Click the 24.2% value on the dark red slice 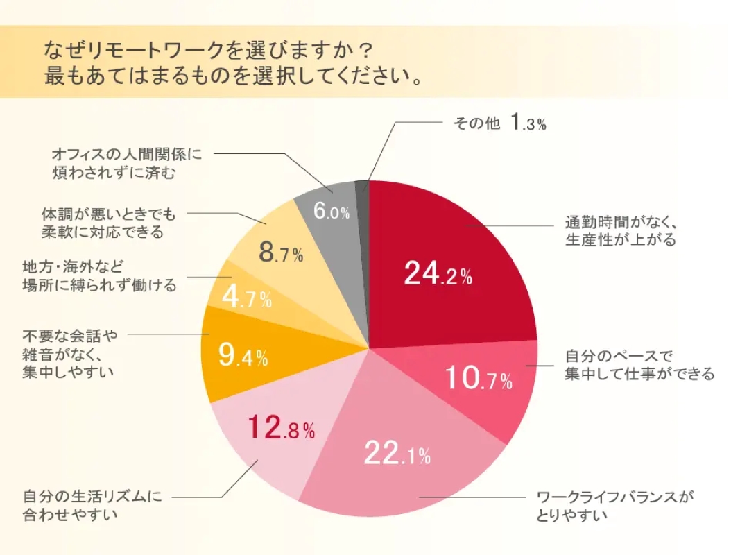tap(438, 275)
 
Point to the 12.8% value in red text tap(281, 428)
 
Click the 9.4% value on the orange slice tap(243, 356)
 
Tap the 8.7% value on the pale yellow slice tap(281, 253)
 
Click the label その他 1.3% tap(499, 124)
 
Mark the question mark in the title tap(366, 49)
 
